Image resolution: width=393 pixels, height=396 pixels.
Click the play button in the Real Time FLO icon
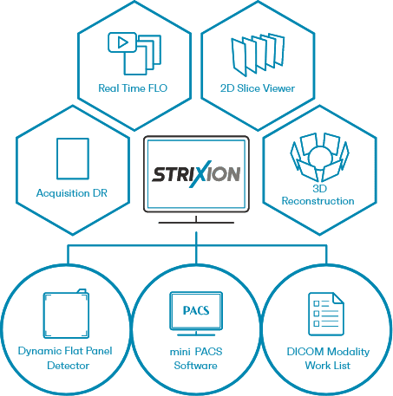coord(122,42)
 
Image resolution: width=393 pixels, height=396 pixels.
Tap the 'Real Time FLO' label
coord(133,88)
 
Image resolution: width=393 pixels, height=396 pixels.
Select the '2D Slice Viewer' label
coord(258,88)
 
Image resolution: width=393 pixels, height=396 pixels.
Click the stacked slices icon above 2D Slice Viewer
coord(258,55)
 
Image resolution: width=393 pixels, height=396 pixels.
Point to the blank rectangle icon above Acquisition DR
coord(73,159)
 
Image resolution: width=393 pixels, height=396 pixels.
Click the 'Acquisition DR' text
coord(72,193)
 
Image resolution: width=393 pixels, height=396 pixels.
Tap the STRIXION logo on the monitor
coord(196,174)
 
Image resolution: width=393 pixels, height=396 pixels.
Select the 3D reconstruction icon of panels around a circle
coord(319,158)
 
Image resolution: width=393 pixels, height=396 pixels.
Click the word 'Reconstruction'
coord(318,201)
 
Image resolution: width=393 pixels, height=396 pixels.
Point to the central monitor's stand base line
coord(196,223)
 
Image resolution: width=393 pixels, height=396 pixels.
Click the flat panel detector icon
coord(66,314)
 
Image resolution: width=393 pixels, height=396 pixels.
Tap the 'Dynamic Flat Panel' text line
coord(65,351)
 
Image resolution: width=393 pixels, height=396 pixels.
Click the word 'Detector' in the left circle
coord(69,366)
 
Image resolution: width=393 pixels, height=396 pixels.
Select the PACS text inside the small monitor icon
coord(196,310)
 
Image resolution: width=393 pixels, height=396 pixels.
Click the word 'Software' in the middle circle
coord(195,366)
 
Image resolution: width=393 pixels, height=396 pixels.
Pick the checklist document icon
coord(326,314)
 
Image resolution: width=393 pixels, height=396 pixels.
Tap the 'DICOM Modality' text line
coord(328,352)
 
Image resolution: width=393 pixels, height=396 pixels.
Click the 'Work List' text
coord(328,366)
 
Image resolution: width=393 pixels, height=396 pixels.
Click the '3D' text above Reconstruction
coord(319,189)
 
